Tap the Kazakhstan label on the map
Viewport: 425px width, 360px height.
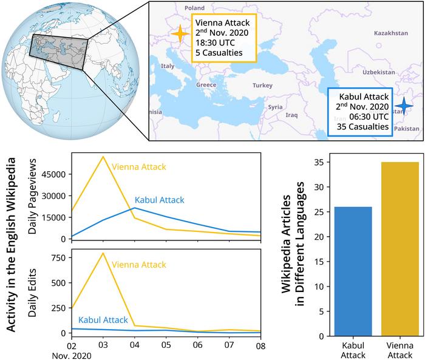tap(391, 32)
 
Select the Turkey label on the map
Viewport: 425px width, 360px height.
tap(263, 86)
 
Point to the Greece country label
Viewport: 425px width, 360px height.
tap(206, 85)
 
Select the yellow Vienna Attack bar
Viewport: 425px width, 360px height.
tap(400, 250)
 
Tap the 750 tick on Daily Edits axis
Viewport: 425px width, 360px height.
tap(58, 257)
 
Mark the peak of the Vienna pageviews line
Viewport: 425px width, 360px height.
tap(103, 157)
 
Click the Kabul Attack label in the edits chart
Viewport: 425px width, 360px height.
tap(103, 320)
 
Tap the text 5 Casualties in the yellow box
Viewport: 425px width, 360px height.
tap(219, 53)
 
